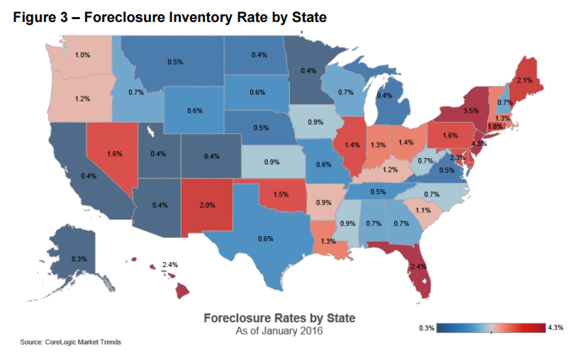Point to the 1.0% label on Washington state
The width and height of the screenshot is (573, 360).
coord(83,55)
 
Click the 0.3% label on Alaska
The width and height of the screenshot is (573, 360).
coord(79,259)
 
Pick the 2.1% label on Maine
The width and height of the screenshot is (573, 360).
coord(524,80)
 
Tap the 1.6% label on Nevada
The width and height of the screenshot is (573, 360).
coord(116,153)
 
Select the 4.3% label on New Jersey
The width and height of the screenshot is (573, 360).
coord(479,144)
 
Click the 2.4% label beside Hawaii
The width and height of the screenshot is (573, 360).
coord(169,264)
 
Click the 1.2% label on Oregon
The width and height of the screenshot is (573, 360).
coord(82,99)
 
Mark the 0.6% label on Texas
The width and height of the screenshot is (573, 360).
coord(266,239)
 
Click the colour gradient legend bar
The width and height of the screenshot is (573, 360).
coord(491,327)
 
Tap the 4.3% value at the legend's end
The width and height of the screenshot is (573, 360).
coord(555,327)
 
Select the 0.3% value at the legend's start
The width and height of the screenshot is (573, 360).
coord(427,327)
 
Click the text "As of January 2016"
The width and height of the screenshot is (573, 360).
coord(279,330)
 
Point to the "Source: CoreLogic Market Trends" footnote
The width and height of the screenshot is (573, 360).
coord(71,342)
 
